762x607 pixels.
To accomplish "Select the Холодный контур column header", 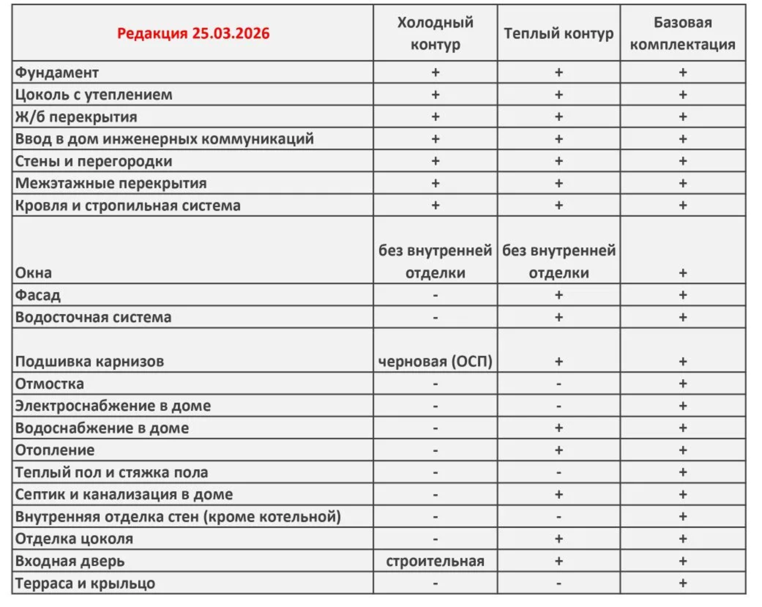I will click(435, 33).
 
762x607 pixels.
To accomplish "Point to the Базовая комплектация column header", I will click(682, 33).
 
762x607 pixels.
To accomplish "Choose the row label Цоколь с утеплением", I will click(94, 95).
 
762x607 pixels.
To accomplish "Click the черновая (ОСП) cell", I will click(435, 361).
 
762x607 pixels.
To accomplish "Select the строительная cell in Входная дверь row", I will click(435, 561).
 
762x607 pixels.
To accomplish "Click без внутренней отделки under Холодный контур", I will click(435, 262).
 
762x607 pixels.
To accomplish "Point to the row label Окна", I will click(34, 273).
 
